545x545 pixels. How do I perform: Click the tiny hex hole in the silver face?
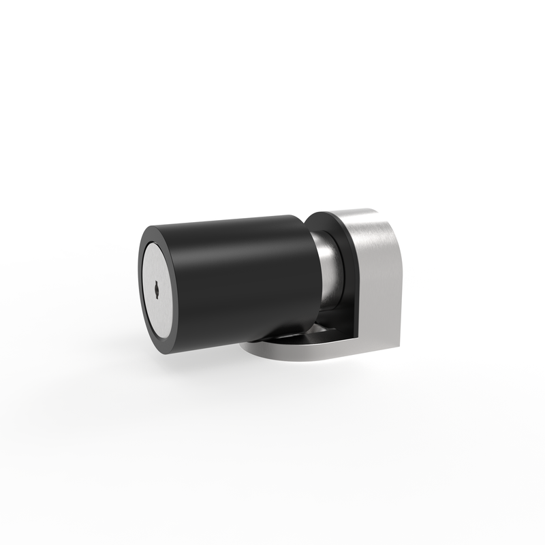pos(157,288)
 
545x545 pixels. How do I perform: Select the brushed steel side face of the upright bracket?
pos(378,286)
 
